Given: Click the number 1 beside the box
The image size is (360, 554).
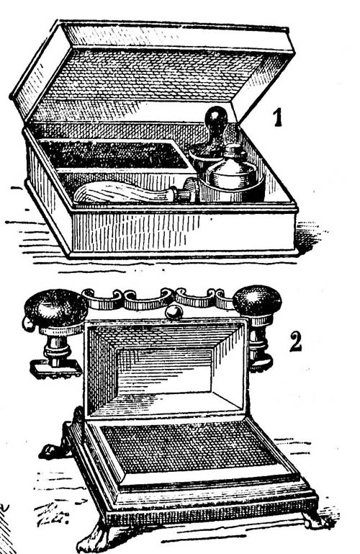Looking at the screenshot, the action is [279, 117].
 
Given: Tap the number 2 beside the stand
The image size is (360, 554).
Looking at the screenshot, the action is [296, 341].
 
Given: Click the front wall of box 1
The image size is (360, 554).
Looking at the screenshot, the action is [184, 231].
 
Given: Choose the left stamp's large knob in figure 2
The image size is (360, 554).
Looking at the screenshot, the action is [56, 308].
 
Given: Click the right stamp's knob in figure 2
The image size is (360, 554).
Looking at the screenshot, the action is [257, 301].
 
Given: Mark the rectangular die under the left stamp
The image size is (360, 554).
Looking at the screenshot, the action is [55, 370].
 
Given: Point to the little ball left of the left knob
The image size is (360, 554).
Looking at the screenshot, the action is [28, 323].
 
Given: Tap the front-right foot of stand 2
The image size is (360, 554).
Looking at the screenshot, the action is [313, 519].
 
